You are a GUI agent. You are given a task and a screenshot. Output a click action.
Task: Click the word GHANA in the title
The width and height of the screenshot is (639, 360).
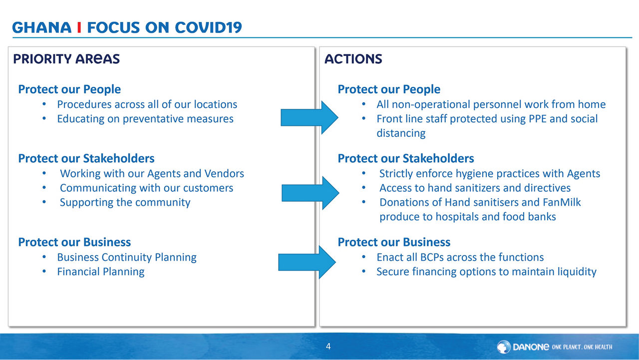click(x=41, y=27)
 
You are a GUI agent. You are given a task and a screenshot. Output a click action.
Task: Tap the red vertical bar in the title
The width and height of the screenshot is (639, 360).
click(x=79, y=27)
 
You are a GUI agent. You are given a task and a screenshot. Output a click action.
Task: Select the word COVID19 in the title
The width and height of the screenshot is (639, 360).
click(x=208, y=27)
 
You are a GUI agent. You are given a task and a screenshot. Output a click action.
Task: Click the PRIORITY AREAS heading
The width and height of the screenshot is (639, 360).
click(x=66, y=59)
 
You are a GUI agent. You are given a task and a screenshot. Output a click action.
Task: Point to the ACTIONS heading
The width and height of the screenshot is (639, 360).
click(x=353, y=59)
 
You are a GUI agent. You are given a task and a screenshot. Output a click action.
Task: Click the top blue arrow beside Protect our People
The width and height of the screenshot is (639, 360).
click(x=310, y=117)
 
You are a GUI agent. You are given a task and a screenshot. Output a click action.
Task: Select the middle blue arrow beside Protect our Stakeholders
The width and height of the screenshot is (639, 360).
click(x=311, y=193)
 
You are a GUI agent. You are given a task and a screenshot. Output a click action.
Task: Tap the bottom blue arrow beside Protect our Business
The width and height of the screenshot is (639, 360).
click(x=307, y=262)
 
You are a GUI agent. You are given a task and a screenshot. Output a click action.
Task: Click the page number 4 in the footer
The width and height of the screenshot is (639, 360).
click(x=328, y=347)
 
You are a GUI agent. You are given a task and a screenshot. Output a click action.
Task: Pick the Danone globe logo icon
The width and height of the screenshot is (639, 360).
click(x=504, y=347)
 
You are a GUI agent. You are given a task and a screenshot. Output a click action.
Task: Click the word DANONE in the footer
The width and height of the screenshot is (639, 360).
click(x=531, y=347)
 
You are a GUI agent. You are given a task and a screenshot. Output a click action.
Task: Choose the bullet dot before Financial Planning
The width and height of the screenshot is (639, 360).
click(x=44, y=271)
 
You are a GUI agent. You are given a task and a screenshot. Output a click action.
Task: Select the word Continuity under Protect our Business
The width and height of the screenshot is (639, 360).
click(x=127, y=258)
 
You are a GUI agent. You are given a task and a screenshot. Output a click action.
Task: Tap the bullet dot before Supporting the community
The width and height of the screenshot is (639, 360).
click(x=44, y=202)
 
